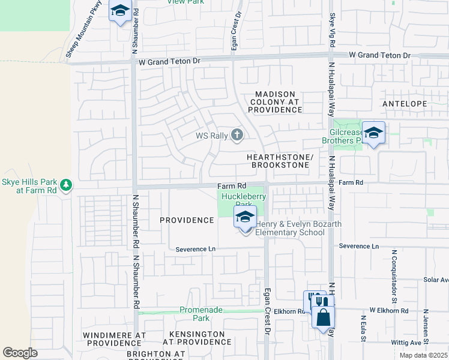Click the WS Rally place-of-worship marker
(x=237, y=135)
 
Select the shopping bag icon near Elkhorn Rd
(x=323, y=317)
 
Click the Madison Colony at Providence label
(x=275, y=102)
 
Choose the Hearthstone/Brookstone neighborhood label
(x=280, y=160)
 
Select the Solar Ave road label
(x=436, y=280)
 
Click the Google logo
(x=20, y=353)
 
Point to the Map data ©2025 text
(x=423, y=355)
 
